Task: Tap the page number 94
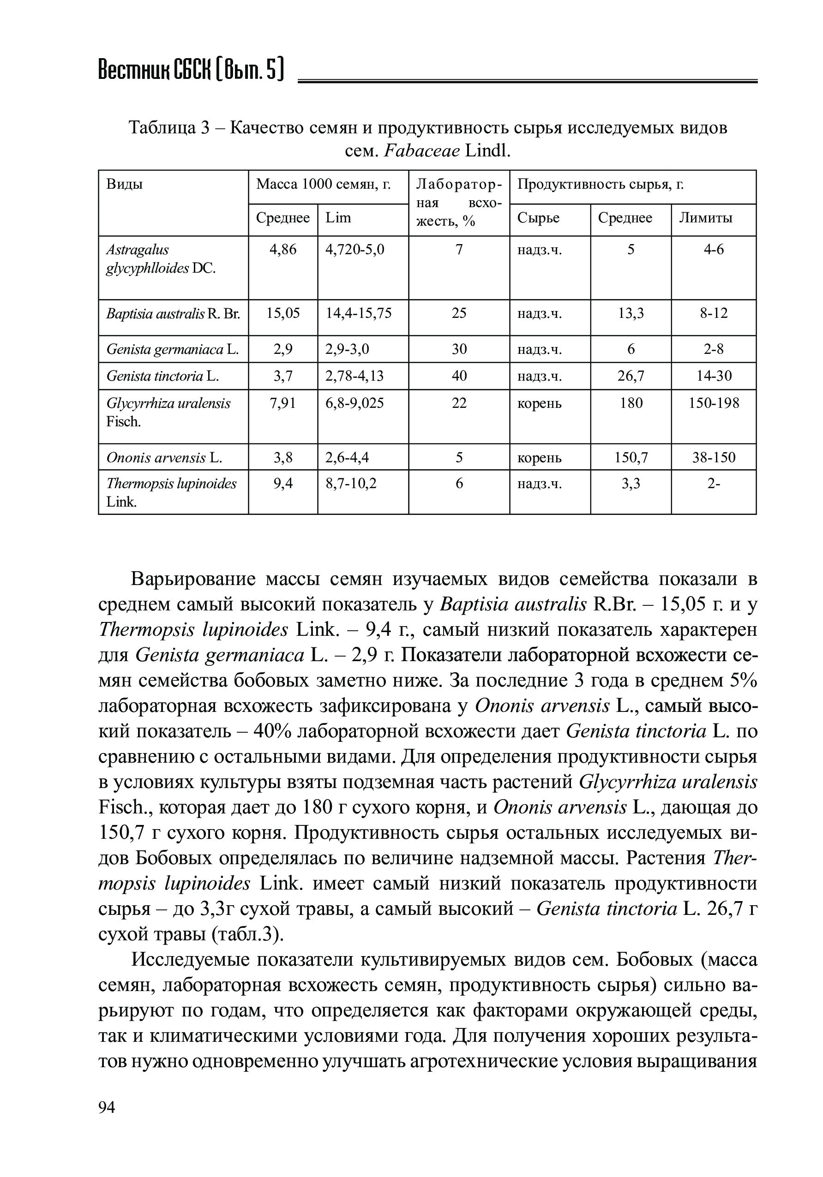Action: pyautogui.click(x=107, y=1122)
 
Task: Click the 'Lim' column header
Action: pyautogui.click(x=338, y=218)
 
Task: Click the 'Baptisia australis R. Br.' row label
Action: pyautogui.click(x=173, y=313)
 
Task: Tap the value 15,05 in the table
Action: pyautogui.click(x=283, y=313)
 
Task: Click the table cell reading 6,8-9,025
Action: pyautogui.click(x=354, y=403)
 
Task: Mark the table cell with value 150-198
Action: pyautogui.click(x=714, y=403)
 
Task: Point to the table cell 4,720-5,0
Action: pyautogui.click(x=355, y=250)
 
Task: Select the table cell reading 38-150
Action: pyautogui.click(x=714, y=457)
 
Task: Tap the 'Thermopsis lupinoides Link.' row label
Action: pyautogui.click(x=171, y=492)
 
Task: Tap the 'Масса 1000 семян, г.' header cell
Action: pyautogui.click(x=323, y=184)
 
